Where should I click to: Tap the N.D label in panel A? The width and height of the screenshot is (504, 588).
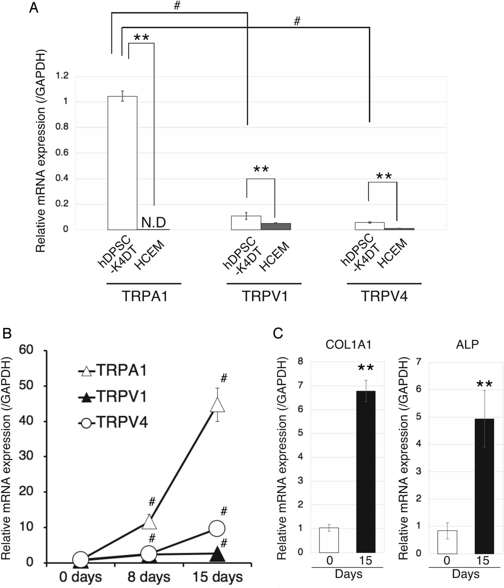tap(153, 222)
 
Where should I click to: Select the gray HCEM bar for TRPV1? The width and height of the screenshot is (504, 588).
tap(276, 226)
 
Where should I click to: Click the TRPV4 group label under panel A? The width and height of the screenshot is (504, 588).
tap(384, 296)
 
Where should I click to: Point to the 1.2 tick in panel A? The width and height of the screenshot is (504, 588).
tap(62, 76)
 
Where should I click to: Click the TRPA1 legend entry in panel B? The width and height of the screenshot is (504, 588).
tap(112, 371)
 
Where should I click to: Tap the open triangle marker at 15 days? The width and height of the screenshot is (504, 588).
tap(217, 405)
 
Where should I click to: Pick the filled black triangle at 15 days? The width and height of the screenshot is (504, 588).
tap(217, 554)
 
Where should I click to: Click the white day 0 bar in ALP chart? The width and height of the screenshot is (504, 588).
tap(447, 542)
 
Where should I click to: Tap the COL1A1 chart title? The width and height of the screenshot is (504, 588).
tap(349, 344)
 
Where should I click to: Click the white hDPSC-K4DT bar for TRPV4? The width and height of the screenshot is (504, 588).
tap(370, 226)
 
